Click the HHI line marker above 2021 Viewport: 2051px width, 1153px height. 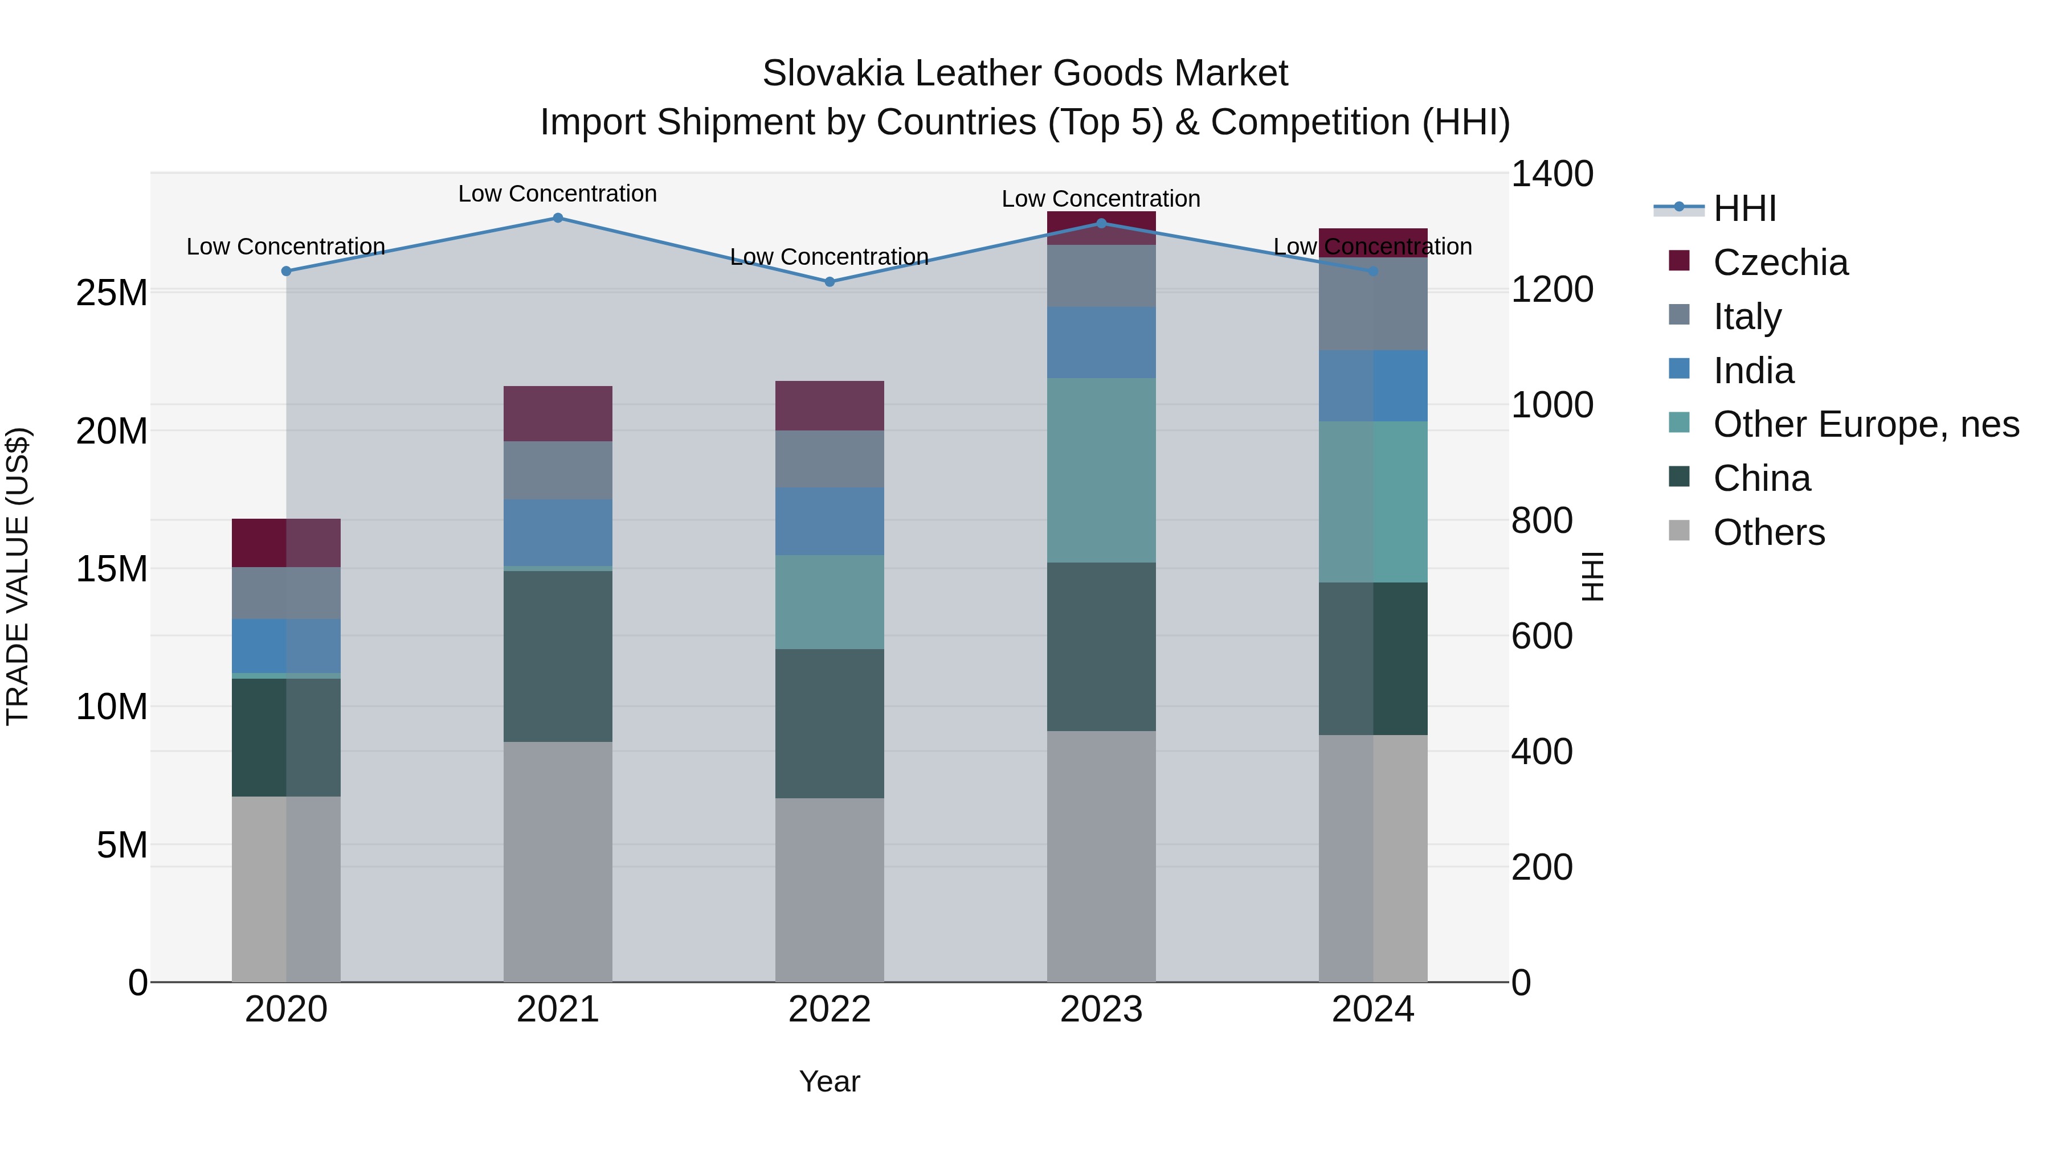557,218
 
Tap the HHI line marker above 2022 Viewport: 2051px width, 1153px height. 830,282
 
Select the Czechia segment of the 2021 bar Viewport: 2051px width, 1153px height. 557,414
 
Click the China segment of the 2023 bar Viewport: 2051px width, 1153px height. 1101,646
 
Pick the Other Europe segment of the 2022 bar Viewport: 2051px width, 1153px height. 830,602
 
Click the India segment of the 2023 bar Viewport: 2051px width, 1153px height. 1101,342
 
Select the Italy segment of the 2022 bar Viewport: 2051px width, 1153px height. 830,458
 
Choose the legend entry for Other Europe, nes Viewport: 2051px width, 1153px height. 1865,424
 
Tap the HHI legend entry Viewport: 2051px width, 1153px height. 1744,208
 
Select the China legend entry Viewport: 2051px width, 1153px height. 1761,478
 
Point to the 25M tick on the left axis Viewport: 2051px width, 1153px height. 112,293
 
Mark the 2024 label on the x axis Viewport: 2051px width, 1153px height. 1372,1010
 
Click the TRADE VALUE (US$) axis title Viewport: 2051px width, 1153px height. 18,576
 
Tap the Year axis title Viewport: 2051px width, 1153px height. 830,1081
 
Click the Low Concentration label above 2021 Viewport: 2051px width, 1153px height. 557,194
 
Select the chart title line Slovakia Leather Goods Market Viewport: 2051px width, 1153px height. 1025,73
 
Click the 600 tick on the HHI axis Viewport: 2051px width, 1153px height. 1542,636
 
